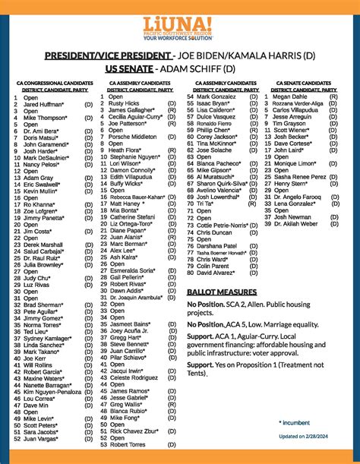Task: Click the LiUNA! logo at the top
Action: point(179,23)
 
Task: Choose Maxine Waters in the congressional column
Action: point(48,378)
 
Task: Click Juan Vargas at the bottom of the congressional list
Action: point(43,440)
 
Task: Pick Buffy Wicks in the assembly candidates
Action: point(127,183)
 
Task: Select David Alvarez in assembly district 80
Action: point(216,273)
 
